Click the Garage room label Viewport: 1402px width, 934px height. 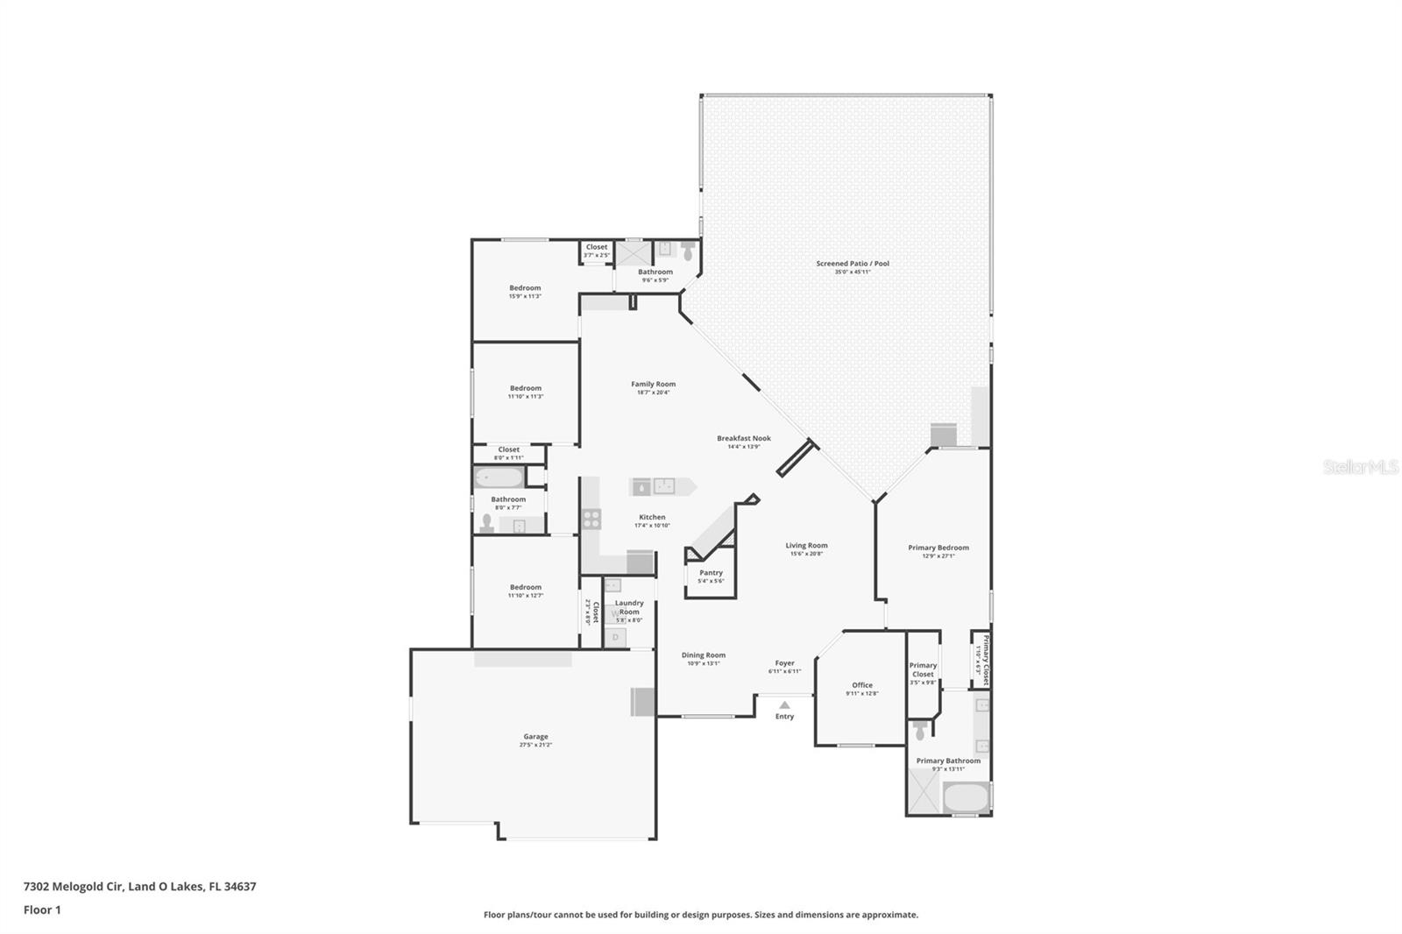tap(535, 737)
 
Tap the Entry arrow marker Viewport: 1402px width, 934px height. tap(784, 704)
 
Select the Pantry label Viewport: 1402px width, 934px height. tap(711, 573)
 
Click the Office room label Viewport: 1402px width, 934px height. tap(862, 685)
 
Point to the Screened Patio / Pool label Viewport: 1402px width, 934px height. tap(852, 263)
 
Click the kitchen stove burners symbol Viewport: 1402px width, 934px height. tap(591, 519)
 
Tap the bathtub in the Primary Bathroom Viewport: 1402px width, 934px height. tap(965, 798)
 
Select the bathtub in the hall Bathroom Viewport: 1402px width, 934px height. tap(499, 478)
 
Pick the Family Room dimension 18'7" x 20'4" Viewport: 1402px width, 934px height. tap(653, 393)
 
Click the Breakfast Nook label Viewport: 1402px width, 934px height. tap(743, 438)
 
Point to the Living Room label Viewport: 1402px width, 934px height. tap(806, 545)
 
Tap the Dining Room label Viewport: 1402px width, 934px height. tap(703, 655)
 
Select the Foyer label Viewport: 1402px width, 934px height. tap(784, 663)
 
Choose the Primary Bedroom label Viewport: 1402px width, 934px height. tap(938, 548)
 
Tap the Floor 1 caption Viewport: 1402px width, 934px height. tap(42, 909)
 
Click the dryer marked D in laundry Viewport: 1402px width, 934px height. tap(616, 637)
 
